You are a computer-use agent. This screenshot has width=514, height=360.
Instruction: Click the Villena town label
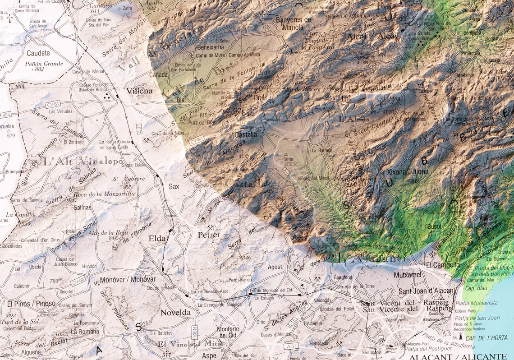[140, 91]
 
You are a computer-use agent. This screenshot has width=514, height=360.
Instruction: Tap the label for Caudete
[38, 53]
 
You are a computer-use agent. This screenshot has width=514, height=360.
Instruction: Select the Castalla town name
[246, 134]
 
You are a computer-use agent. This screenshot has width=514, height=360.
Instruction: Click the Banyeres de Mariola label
[293, 23]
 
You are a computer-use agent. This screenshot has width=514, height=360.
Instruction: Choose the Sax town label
[174, 186]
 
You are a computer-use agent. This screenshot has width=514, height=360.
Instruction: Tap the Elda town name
[157, 238]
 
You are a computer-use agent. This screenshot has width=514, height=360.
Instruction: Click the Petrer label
[209, 235]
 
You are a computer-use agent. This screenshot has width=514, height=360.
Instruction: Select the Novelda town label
[176, 312]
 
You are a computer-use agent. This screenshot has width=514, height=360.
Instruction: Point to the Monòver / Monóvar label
[128, 279]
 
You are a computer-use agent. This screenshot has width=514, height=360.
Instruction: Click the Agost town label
[275, 267]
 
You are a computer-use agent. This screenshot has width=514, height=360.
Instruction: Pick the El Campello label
[443, 265]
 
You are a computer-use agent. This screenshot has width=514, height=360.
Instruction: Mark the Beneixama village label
[211, 47]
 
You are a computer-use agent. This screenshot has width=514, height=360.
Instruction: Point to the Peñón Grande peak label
[44, 64]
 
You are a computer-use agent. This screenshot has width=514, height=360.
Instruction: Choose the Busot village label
[434, 226]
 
